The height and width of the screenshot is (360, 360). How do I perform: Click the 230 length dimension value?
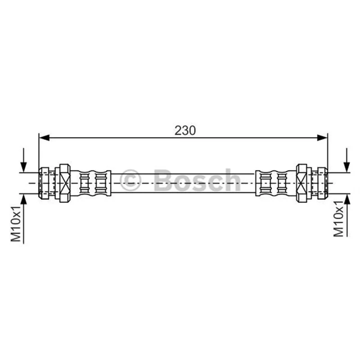point(185,130)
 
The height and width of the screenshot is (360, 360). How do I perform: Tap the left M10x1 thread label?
point(16,224)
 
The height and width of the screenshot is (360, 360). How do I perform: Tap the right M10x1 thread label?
point(338,219)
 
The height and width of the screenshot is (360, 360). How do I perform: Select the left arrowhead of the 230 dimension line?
point(44,138)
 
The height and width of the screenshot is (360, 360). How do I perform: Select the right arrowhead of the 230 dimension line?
point(322,138)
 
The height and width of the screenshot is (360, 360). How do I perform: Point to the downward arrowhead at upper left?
point(23,167)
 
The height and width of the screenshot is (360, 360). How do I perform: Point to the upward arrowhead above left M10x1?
point(23,199)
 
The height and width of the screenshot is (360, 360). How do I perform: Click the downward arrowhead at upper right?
point(347,167)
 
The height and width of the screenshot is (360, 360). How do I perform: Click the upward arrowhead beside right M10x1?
point(347,199)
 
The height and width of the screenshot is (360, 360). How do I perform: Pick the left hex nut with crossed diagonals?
point(65,183)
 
